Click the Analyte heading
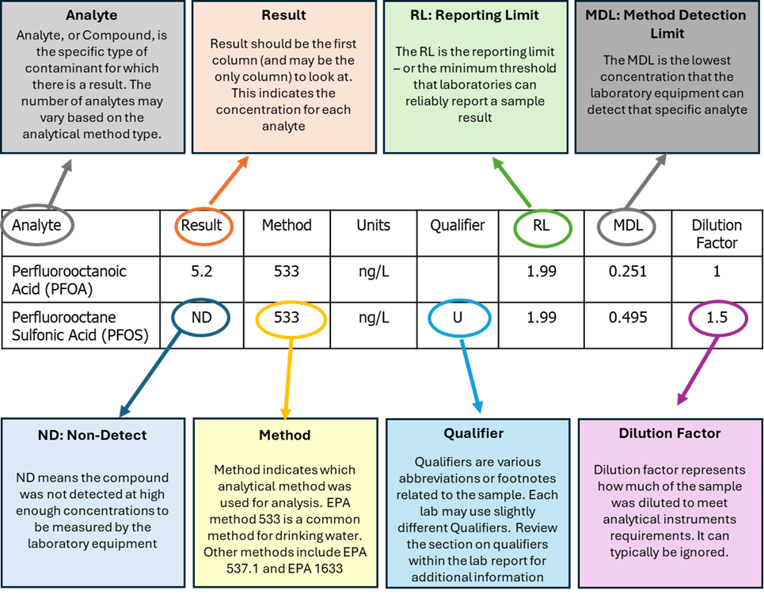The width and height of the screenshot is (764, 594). [x=93, y=15]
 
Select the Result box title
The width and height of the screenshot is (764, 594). [x=283, y=15]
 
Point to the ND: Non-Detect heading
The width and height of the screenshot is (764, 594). [x=92, y=435]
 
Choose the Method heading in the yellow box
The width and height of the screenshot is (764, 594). [x=284, y=435]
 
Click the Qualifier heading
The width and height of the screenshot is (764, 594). [x=476, y=433]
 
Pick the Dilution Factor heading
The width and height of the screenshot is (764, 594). [x=669, y=433]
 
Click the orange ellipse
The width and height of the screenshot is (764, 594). [x=204, y=227]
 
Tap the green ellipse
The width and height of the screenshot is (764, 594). [x=542, y=228]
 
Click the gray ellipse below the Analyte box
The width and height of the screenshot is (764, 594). [x=38, y=225]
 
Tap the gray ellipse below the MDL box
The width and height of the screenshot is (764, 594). [x=626, y=227]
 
